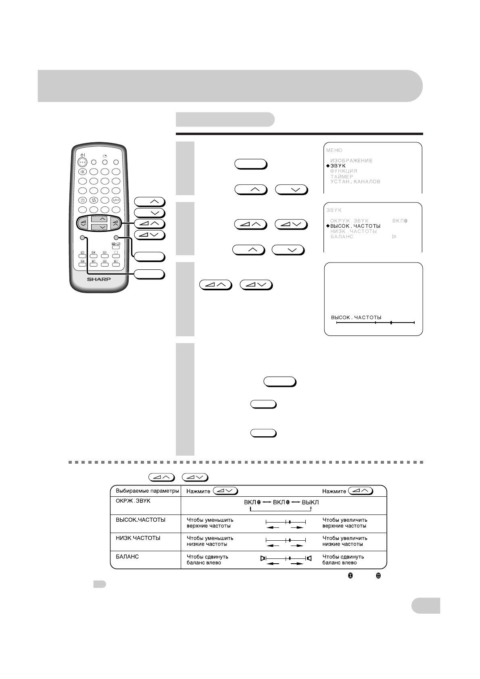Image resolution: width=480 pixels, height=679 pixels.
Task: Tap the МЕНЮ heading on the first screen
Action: [334, 150]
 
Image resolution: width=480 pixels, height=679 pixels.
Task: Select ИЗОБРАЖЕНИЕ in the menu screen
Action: [351, 160]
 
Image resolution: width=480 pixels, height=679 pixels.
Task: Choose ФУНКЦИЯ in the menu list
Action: [344, 171]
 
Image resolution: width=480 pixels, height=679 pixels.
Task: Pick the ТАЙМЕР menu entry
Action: [342, 177]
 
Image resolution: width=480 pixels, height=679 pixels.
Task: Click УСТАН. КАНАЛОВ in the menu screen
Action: [355, 182]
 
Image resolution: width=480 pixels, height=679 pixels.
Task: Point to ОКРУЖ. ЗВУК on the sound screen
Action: [349, 221]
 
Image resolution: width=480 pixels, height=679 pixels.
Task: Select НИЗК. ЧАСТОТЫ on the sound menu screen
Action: [353, 231]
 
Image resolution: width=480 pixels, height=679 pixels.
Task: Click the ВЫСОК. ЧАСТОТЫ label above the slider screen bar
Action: [356, 317]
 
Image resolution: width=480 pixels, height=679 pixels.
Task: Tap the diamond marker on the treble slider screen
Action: [391, 323]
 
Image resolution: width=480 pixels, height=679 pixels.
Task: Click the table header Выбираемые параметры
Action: [147, 491]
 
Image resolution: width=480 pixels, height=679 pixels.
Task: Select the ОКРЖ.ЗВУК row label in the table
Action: [131, 501]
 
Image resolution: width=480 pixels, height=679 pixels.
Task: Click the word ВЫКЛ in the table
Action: [310, 502]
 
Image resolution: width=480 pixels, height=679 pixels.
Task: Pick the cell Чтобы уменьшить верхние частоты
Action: [210, 523]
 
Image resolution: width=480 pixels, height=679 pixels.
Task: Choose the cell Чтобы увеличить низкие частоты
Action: [345, 541]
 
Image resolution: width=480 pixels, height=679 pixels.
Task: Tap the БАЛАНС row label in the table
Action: [127, 556]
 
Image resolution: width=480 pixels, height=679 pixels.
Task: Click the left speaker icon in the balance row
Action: [263, 558]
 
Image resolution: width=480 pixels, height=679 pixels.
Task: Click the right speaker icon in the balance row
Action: [309, 558]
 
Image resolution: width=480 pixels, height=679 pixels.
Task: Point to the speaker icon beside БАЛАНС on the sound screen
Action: [394, 237]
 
